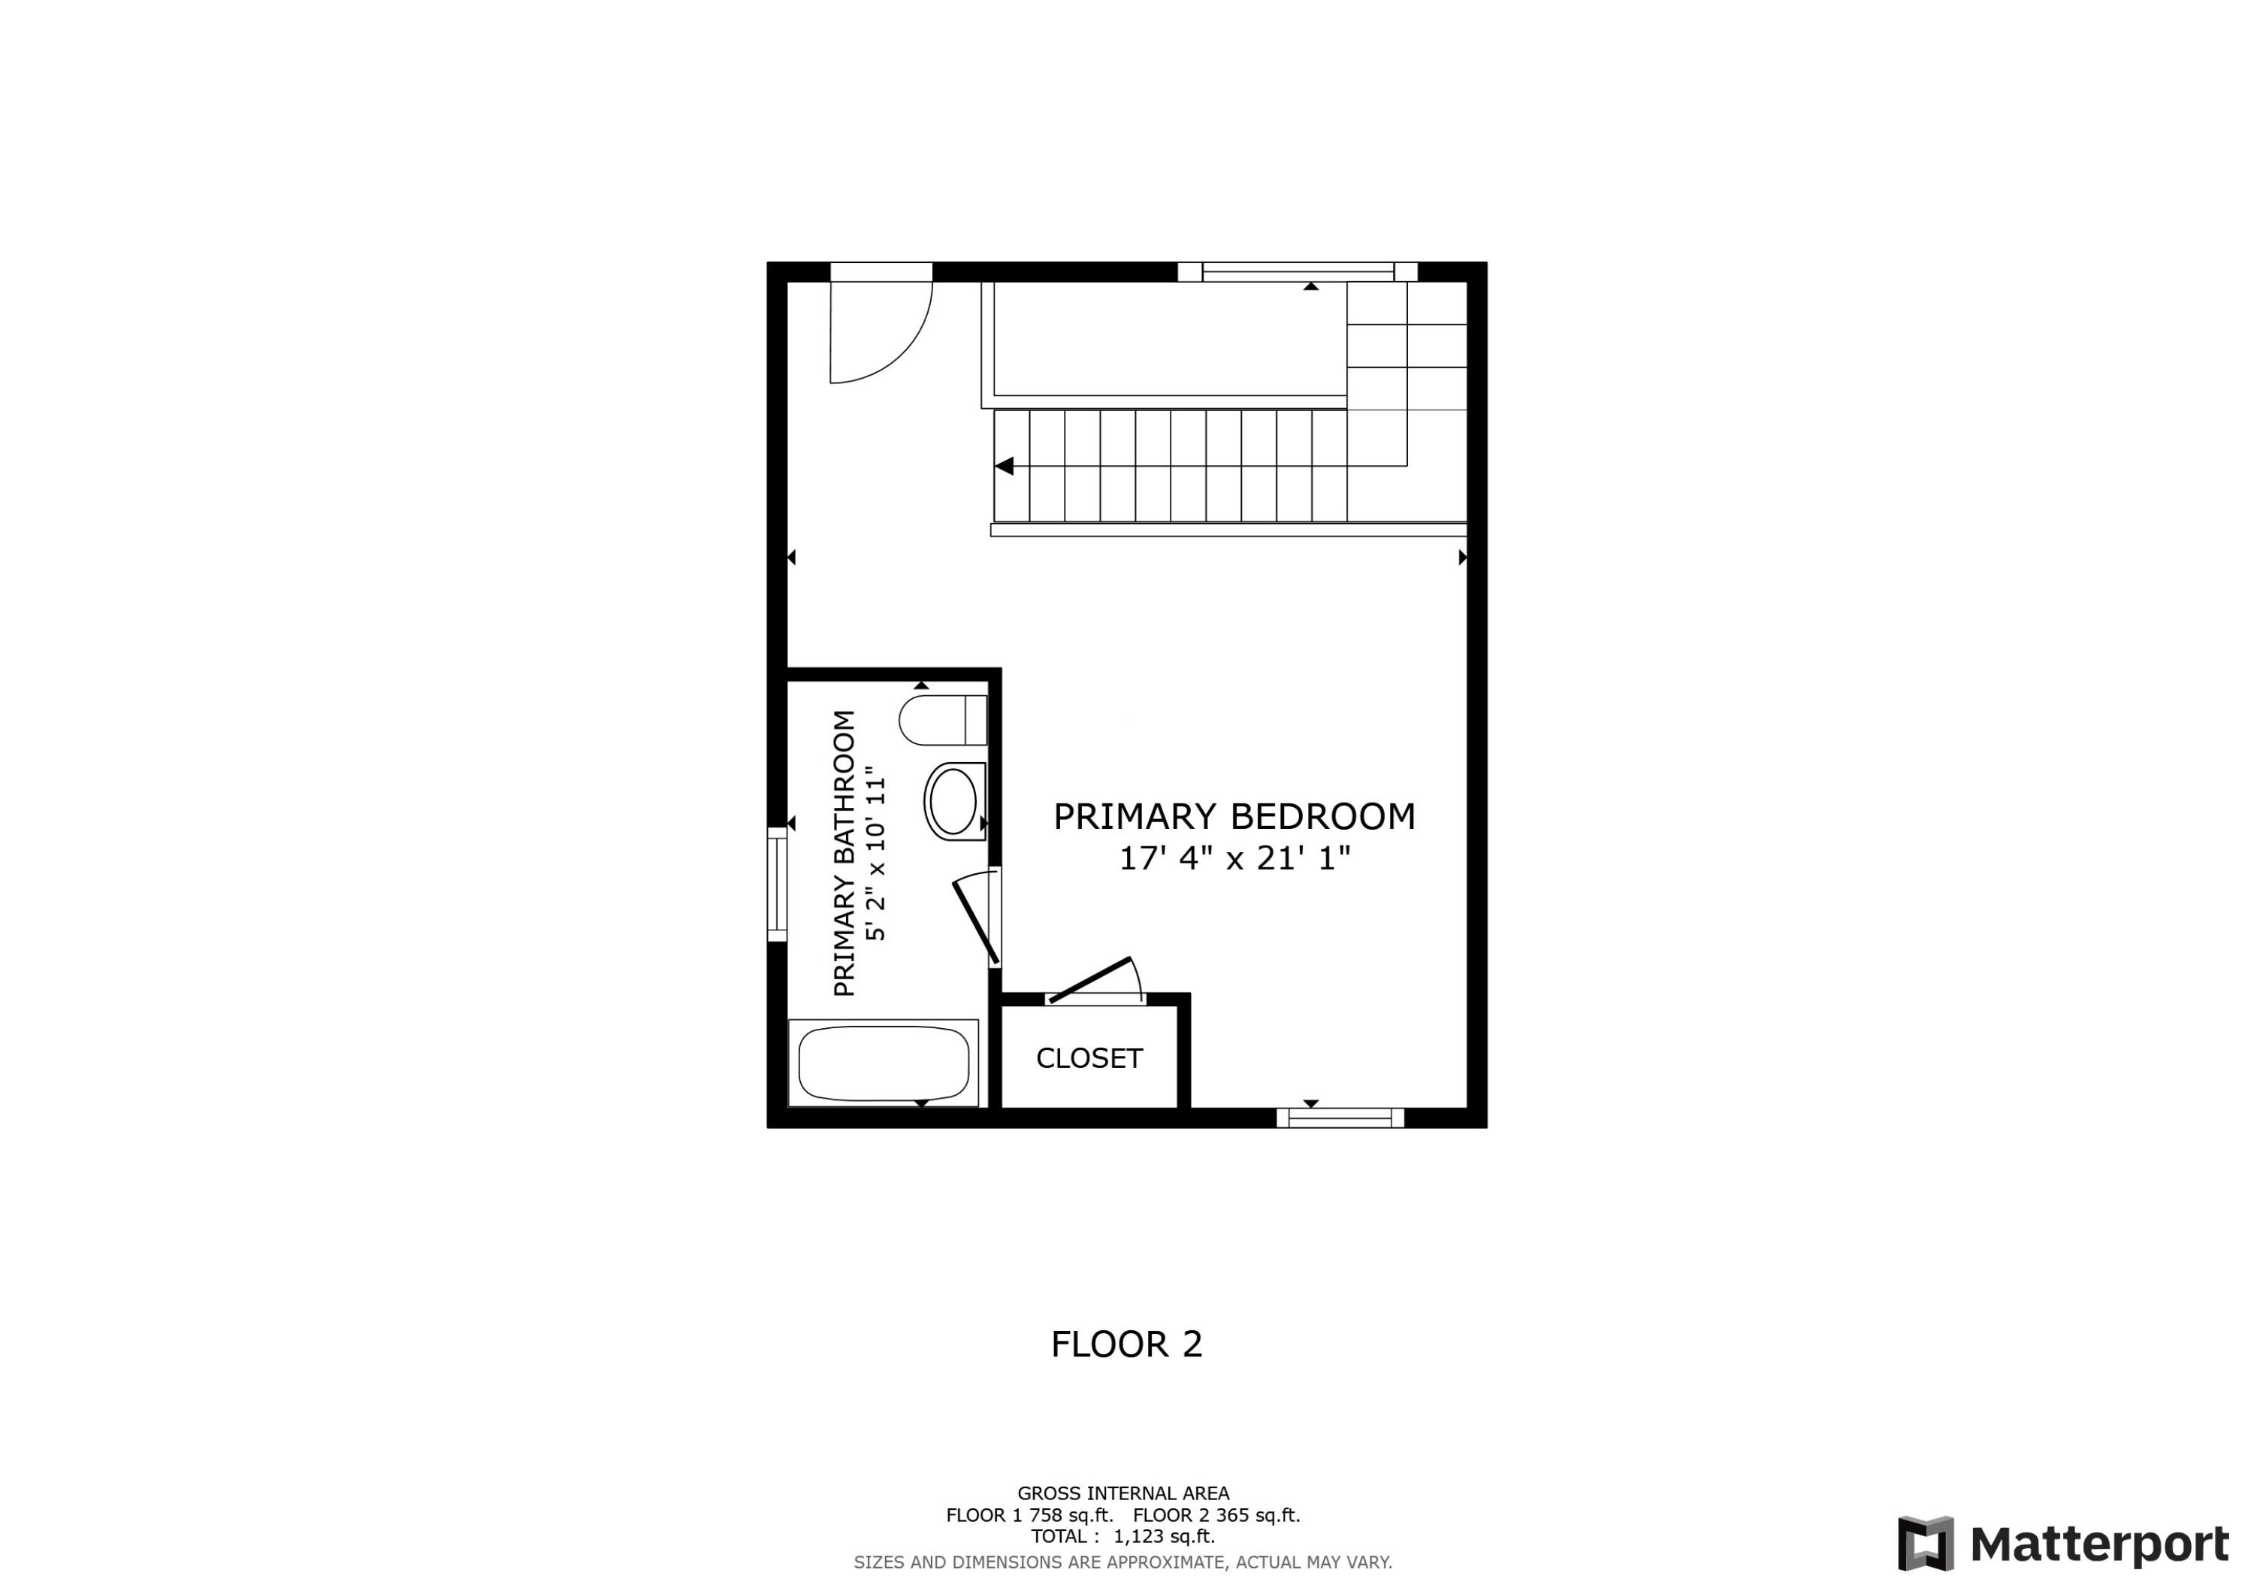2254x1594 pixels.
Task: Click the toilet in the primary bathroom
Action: (x=941, y=720)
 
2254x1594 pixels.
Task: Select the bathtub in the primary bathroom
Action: (x=884, y=1063)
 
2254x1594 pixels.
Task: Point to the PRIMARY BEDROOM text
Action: (x=1234, y=816)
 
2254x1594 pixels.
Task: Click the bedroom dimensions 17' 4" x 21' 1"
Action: (x=1234, y=858)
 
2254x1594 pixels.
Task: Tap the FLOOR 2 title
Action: (x=1126, y=1344)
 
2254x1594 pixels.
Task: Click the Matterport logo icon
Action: (x=1925, y=1543)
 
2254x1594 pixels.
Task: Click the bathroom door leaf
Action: (x=976, y=921)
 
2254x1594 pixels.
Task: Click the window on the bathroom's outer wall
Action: (x=777, y=884)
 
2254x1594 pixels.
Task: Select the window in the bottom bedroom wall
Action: (x=1340, y=1117)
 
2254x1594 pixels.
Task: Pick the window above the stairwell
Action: (x=1298, y=272)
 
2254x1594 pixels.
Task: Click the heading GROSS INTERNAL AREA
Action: (x=1123, y=1494)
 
